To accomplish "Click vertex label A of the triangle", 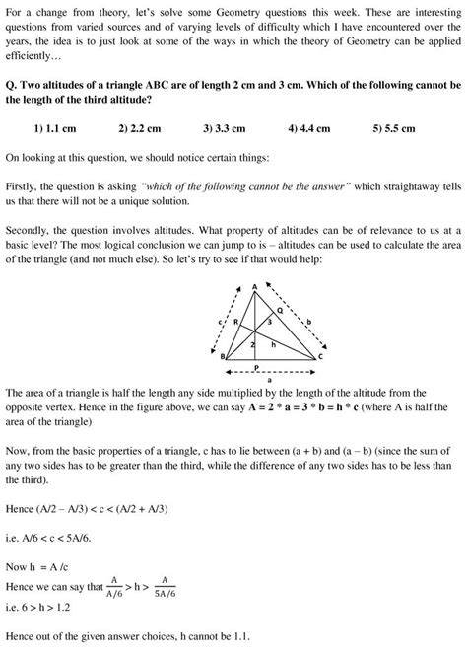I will (x=254, y=286).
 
